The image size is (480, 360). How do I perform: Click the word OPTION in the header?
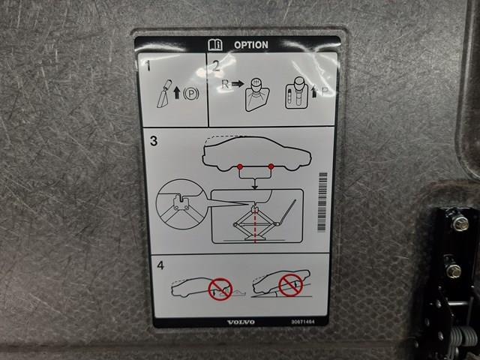(251, 45)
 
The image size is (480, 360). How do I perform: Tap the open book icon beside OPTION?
(215, 45)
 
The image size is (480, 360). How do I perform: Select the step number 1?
(148, 65)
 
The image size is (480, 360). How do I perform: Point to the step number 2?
(216, 66)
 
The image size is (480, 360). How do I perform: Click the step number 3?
(154, 141)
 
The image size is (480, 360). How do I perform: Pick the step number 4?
(160, 265)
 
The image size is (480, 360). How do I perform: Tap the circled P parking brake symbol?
(191, 94)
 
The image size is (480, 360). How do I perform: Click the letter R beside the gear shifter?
(225, 84)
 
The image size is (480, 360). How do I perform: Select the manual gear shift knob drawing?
(256, 95)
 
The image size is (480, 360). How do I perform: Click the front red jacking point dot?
(271, 166)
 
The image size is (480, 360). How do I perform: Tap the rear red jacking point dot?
(240, 166)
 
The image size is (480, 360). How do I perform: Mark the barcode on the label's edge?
(322, 202)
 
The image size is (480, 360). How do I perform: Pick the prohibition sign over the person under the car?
(220, 289)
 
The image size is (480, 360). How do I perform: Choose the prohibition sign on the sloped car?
(290, 285)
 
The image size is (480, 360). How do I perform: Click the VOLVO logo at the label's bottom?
(241, 322)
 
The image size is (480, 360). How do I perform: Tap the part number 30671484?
(303, 322)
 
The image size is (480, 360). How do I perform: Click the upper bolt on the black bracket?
(460, 223)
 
